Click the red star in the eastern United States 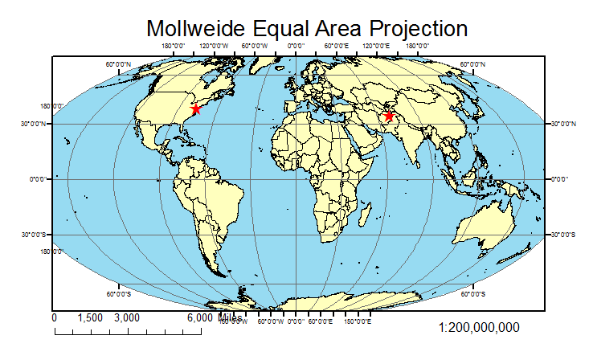tap(195, 108)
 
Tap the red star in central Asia tap(389, 116)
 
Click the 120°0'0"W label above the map tap(214, 47)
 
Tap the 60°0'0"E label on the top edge tap(336, 47)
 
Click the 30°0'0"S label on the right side tap(562, 235)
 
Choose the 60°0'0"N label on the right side tap(472, 64)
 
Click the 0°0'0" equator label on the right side tap(561, 179)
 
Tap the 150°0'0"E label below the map tap(358, 321)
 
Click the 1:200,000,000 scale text tap(480, 328)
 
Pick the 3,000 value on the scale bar tap(127, 318)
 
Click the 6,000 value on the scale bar tap(200, 318)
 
